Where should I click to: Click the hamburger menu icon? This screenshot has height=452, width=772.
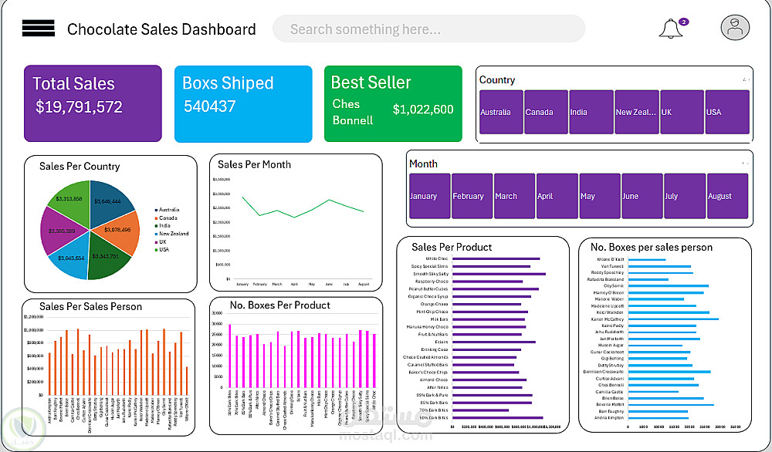pos(38,29)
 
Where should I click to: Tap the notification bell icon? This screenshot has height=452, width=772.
pos(670,29)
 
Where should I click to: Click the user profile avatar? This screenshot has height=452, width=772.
pos(735,28)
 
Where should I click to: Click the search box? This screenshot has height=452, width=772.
pos(428,29)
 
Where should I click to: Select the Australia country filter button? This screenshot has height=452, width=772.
pos(500,113)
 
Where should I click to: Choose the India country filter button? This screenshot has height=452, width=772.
pos(590,113)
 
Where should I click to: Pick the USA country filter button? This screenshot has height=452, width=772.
pos(726,113)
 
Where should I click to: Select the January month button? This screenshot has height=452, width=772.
pos(429,196)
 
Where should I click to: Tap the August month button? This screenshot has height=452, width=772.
pos(727,196)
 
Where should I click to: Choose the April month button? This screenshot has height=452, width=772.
pos(557,196)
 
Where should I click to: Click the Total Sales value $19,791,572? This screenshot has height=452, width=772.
pos(79,107)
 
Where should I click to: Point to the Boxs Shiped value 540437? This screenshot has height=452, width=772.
pos(209,106)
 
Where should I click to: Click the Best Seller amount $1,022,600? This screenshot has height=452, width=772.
pos(423,110)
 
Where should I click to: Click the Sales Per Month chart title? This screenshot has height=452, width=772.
pos(254,164)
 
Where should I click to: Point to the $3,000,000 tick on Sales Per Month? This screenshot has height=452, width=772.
pos(222,194)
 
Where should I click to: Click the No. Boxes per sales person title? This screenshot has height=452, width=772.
pos(652,247)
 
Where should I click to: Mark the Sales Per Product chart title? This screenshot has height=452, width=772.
pos(452,247)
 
